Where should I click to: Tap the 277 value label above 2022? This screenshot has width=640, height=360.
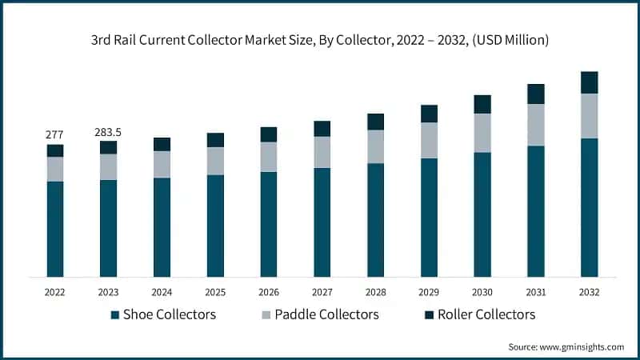[54, 134]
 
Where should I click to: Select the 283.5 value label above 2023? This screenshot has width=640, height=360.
[108, 131]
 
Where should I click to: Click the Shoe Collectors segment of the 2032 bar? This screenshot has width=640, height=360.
[589, 207]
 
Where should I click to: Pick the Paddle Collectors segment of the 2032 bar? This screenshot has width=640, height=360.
[589, 116]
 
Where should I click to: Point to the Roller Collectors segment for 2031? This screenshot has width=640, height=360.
[535, 94]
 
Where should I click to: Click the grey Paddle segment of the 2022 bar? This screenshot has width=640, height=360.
[54, 169]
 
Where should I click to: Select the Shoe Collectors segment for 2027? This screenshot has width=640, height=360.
[322, 222]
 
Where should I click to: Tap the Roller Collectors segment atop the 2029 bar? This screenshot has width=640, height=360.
[429, 114]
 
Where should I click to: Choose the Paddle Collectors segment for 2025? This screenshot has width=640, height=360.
[215, 161]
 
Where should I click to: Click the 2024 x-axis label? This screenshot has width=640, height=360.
[162, 293]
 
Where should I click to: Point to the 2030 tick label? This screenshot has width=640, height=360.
[482, 293]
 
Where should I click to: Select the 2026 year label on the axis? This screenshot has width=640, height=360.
[268, 293]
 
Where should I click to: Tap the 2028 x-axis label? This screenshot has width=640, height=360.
[375, 293]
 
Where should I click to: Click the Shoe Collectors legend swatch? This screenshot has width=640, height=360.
[114, 315]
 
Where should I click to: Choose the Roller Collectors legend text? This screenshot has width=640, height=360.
[482, 314]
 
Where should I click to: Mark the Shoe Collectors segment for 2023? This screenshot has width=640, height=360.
[108, 228]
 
